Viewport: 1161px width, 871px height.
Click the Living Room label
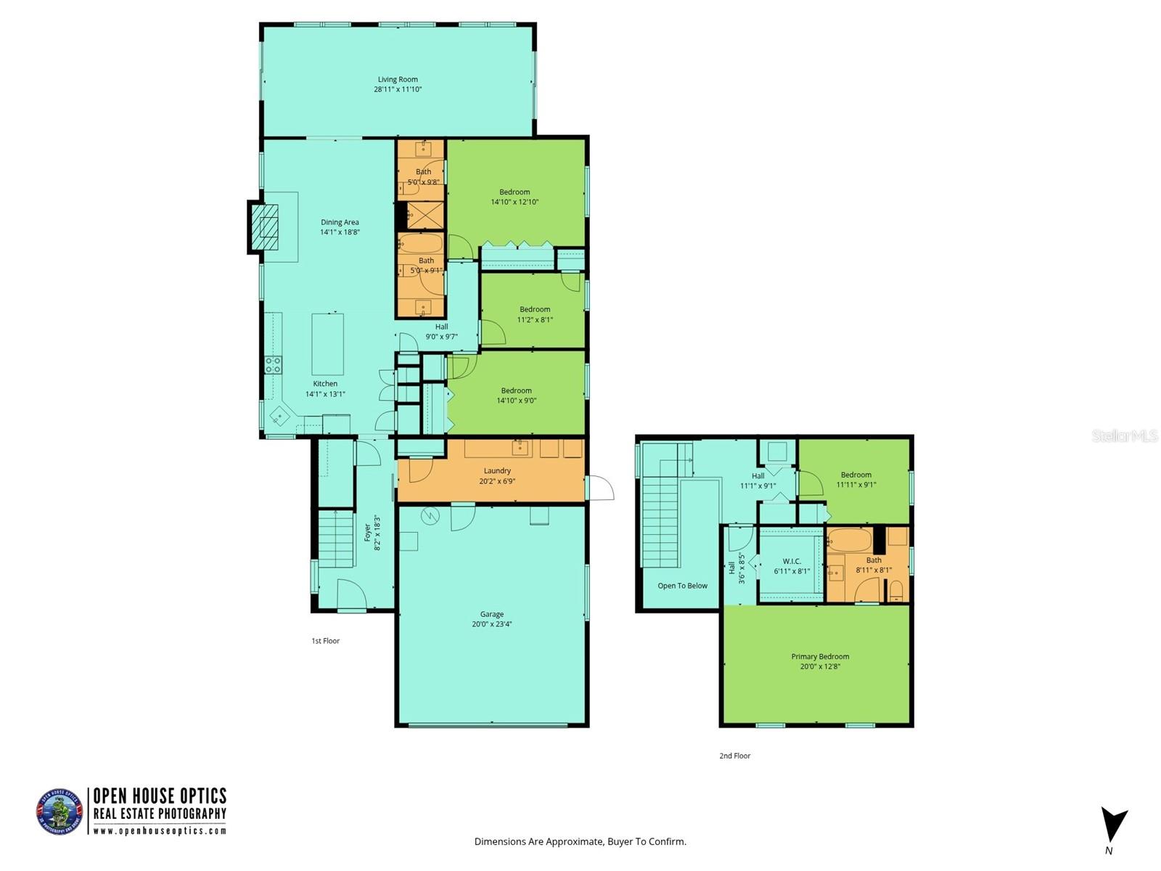pyautogui.click(x=398, y=80)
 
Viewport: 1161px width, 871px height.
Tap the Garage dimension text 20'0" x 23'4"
pyautogui.click(x=492, y=624)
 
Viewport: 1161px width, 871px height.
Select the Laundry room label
pyautogui.click(x=497, y=471)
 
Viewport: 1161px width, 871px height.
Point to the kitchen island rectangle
pyautogui.click(x=327, y=344)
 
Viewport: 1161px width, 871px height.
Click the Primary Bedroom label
pyautogui.click(x=820, y=657)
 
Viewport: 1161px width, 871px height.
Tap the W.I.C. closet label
pyautogui.click(x=792, y=561)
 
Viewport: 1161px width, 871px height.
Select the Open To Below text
pyautogui.click(x=682, y=586)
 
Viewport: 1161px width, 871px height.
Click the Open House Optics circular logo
pyautogui.click(x=60, y=811)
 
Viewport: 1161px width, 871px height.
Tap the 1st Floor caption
pyautogui.click(x=326, y=641)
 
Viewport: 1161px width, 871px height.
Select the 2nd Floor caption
pyautogui.click(x=734, y=756)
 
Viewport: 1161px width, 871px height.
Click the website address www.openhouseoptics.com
pyautogui.click(x=160, y=831)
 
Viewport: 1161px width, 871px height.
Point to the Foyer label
pyautogui.click(x=367, y=533)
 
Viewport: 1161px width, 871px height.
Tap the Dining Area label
pyautogui.click(x=340, y=223)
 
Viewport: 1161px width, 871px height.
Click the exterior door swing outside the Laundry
pyautogui.click(x=599, y=488)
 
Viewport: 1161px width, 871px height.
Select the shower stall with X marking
pyautogui.click(x=424, y=216)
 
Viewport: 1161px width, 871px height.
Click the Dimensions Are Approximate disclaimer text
pyautogui.click(x=580, y=842)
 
